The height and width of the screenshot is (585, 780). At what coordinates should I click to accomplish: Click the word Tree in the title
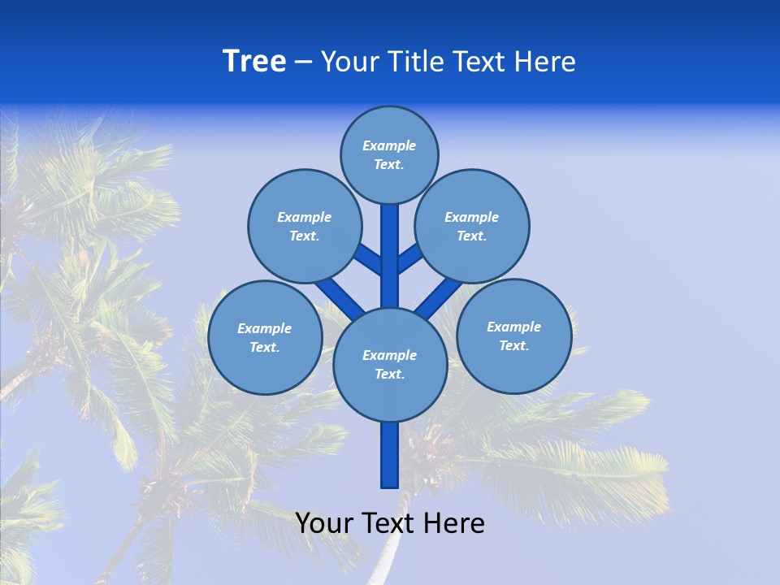click(254, 61)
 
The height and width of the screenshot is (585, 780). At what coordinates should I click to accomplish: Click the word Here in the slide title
click(545, 61)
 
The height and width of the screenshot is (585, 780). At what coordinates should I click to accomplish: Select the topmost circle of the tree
click(389, 154)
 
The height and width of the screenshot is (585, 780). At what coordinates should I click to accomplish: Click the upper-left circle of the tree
click(305, 226)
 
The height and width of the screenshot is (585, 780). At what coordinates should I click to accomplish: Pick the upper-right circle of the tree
click(472, 226)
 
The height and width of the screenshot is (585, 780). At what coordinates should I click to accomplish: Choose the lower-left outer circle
click(265, 337)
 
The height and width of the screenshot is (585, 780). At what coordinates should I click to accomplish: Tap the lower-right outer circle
click(514, 336)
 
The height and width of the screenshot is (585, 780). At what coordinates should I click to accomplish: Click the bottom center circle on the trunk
click(390, 364)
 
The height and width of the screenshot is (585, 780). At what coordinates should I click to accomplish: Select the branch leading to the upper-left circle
click(370, 259)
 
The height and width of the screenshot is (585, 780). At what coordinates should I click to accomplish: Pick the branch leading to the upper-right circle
click(409, 258)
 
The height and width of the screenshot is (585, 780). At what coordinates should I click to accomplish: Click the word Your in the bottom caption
click(323, 523)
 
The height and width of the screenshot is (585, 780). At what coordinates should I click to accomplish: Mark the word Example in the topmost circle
click(389, 145)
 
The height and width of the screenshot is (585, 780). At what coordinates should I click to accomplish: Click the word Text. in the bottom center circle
click(389, 375)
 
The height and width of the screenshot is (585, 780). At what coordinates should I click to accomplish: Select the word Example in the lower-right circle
click(513, 327)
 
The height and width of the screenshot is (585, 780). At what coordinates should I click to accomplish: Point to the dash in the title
click(303, 62)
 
